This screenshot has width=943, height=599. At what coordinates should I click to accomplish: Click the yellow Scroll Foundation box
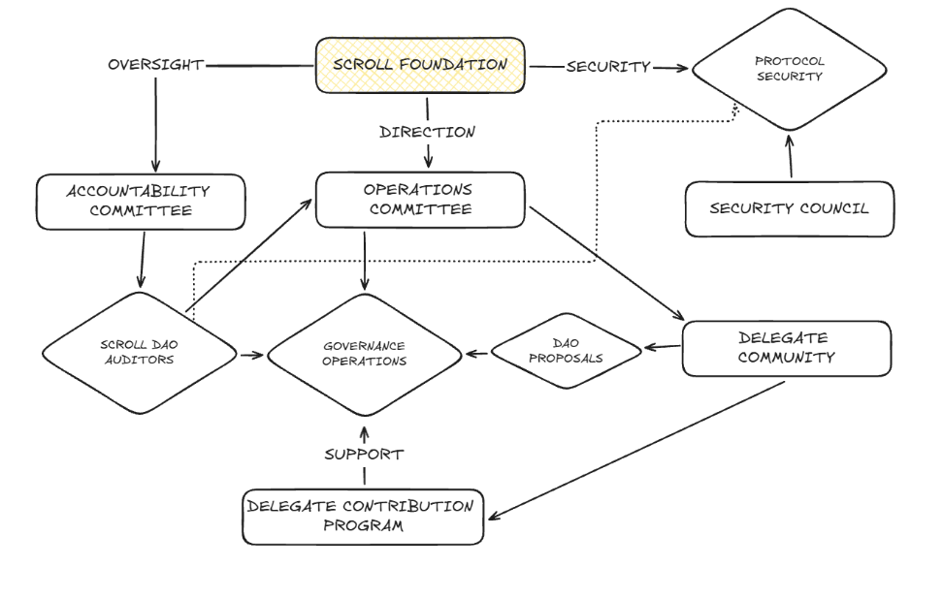pyautogui.click(x=420, y=66)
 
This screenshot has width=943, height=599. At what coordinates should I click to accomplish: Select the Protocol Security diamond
pyautogui.click(x=788, y=69)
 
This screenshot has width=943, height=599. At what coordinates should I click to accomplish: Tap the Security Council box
pyautogui.click(x=790, y=208)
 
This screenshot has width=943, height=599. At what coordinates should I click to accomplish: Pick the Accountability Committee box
pyautogui.click(x=140, y=202)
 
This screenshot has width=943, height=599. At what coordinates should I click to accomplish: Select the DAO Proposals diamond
pyautogui.click(x=567, y=350)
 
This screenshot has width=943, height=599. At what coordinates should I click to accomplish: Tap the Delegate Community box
pyautogui.click(x=786, y=349)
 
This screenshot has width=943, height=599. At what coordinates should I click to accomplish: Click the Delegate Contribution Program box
pyautogui.click(x=363, y=516)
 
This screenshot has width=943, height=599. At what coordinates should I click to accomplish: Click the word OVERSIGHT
pyautogui.click(x=155, y=66)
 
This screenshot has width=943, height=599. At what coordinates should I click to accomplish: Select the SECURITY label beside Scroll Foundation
pyautogui.click(x=608, y=67)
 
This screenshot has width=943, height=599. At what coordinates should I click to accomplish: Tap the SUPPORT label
pyautogui.click(x=364, y=454)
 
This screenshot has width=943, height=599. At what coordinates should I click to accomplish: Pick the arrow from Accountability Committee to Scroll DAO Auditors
pyautogui.click(x=143, y=260)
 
